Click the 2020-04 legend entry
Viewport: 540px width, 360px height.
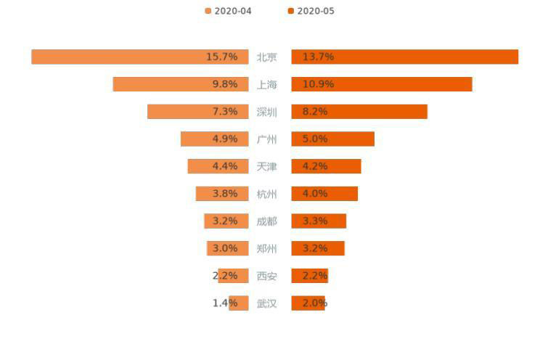click(x=229, y=11)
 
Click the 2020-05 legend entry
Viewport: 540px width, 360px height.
click(x=311, y=11)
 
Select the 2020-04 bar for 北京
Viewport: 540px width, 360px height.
click(x=116, y=57)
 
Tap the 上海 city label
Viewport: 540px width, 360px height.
click(x=267, y=84)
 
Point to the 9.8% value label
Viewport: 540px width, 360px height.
click(x=225, y=84)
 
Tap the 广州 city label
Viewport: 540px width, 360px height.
click(x=267, y=139)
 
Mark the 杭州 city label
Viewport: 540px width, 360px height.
click(x=267, y=194)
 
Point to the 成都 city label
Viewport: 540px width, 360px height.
click(x=267, y=221)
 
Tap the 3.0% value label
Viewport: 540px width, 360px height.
click(x=225, y=248)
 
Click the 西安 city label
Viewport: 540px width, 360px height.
click(x=267, y=276)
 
